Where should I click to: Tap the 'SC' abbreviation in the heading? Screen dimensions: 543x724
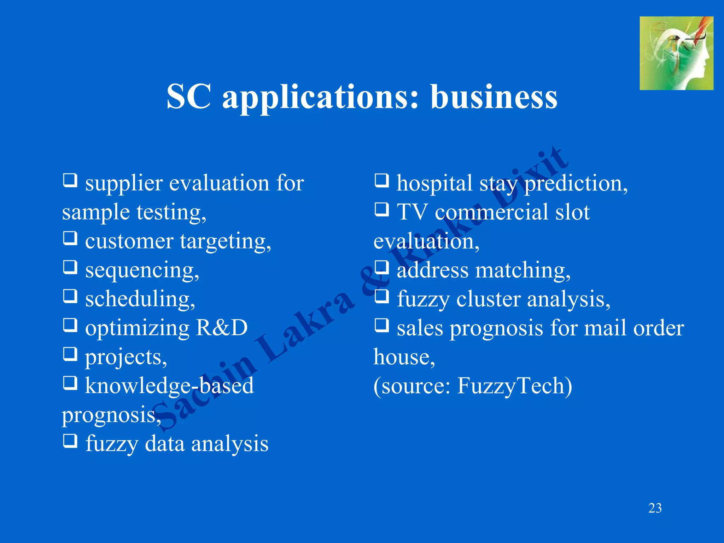(x=189, y=97)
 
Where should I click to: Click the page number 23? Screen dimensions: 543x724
(x=655, y=508)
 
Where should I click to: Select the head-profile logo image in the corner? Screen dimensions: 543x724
(x=676, y=53)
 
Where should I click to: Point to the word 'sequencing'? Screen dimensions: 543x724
(x=142, y=270)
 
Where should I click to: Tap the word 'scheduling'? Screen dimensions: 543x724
(x=140, y=299)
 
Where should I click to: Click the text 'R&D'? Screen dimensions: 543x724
(x=222, y=328)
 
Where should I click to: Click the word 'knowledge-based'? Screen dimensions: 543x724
(x=169, y=386)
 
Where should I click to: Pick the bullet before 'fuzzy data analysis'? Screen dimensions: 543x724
(x=70, y=441)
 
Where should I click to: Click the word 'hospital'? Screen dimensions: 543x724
(x=434, y=183)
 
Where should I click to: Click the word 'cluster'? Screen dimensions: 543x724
(x=488, y=299)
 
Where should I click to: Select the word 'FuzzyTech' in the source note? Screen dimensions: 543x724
(x=514, y=386)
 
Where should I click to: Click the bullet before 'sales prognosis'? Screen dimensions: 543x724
(x=382, y=325)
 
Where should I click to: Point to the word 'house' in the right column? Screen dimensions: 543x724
(x=403, y=357)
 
